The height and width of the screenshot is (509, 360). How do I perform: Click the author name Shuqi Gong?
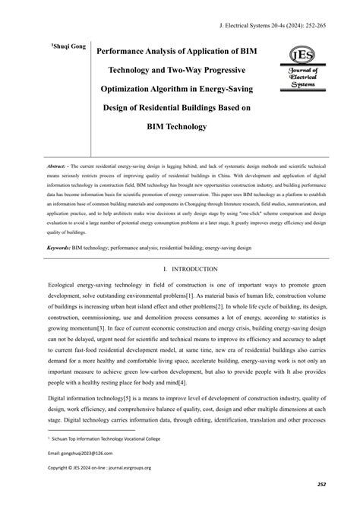point(70,48)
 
